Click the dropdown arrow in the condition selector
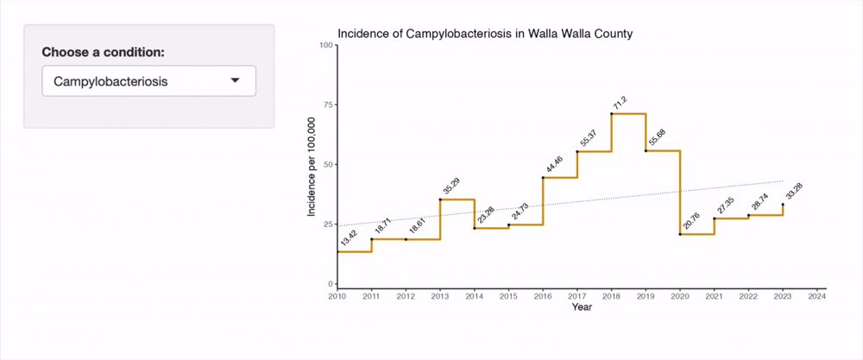point(235,81)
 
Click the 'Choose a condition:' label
point(103,52)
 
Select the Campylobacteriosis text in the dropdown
point(110,82)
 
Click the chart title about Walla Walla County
point(485,34)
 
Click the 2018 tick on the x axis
point(611,297)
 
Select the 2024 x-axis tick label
point(817,297)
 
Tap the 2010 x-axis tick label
point(337,297)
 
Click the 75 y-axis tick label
point(327,104)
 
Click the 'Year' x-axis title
point(581,307)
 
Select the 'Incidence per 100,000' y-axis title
point(312,164)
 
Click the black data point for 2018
point(612,113)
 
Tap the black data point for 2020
point(680,234)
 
